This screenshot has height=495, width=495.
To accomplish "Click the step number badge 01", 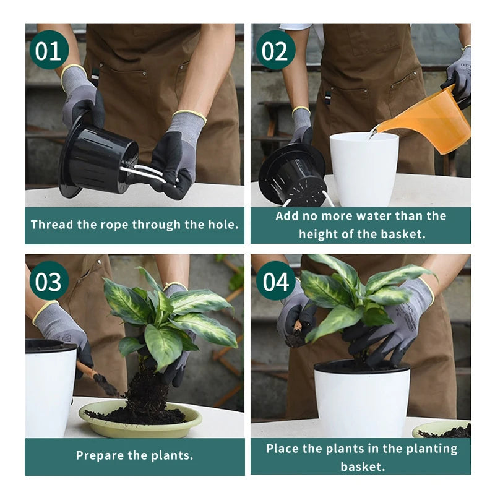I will [49, 49].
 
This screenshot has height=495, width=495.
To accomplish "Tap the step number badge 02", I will [275, 49].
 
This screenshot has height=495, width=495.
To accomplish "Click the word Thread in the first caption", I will [52, 225].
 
